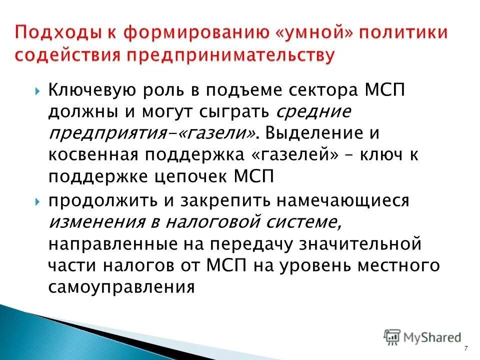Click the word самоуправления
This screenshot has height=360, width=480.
121,286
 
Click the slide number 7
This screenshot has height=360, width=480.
466,348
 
